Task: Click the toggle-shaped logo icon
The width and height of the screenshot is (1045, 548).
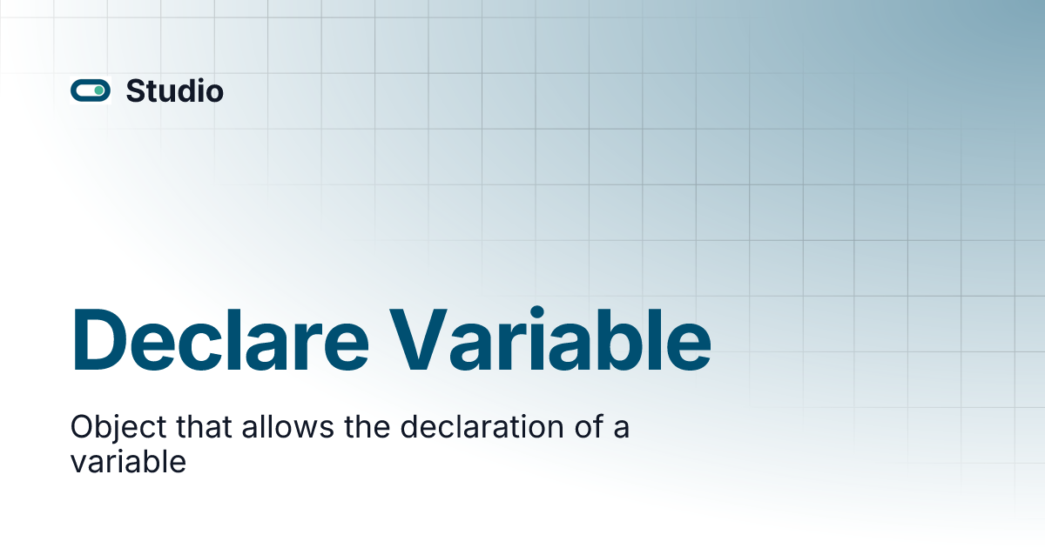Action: point(91,90)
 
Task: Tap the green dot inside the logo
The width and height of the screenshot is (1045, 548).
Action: point(99,90)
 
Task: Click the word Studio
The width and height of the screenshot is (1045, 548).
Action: point(174,90)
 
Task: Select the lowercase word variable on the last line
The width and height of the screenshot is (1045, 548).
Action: point(128,462)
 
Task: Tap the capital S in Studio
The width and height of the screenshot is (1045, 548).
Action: point(135,90)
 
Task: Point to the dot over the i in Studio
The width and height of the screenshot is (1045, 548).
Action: point(197,81)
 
